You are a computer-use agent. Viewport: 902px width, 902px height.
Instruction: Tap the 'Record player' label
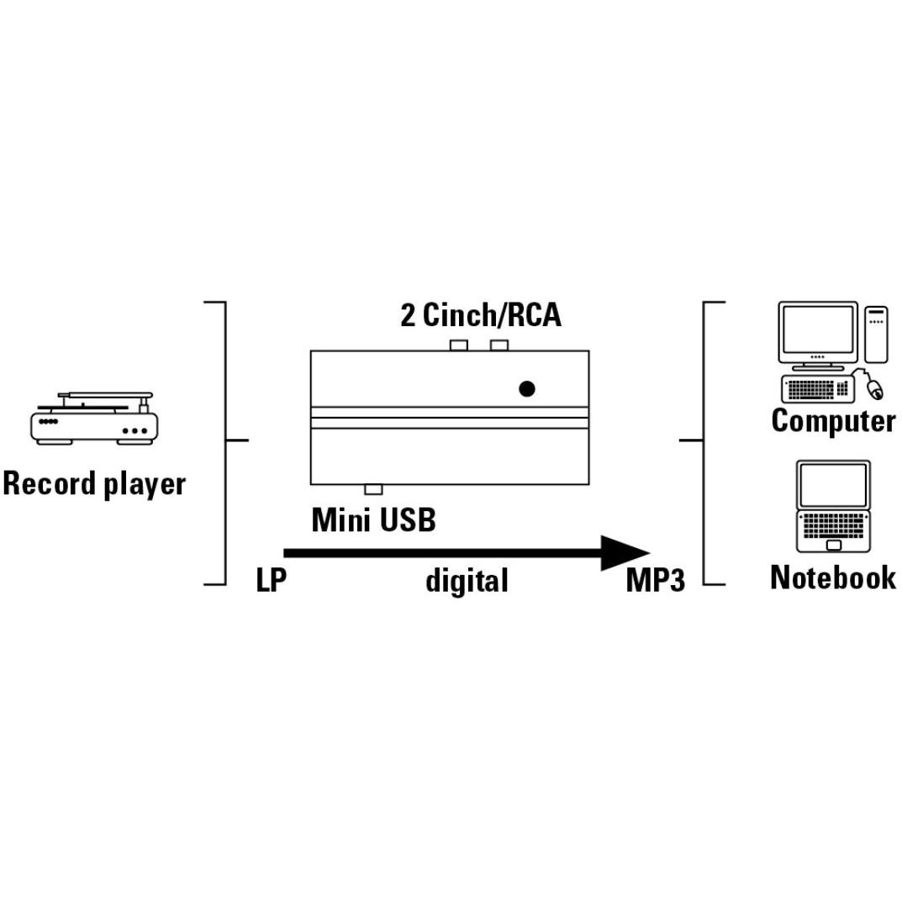click(93, 485)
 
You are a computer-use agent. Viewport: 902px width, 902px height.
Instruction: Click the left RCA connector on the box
click(459, 345)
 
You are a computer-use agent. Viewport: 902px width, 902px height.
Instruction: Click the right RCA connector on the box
click(499, 345)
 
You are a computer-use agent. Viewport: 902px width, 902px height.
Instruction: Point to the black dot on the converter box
click(527, 388)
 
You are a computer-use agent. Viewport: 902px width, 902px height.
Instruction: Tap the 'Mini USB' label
click(373, 520)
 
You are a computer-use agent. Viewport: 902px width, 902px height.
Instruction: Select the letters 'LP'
click(271, 580)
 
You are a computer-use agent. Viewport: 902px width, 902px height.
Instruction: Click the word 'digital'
click(467, 580)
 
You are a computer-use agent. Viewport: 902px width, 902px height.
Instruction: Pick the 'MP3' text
click(655, 581)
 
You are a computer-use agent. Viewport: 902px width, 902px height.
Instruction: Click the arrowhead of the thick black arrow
click(626, 553)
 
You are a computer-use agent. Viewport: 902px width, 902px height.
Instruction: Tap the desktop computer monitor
click(818, 330)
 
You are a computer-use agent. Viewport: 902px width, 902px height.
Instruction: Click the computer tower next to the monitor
click(877, 334)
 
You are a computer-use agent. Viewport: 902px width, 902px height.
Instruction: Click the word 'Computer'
click(833, 421)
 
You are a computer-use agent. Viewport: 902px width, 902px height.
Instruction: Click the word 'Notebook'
click(832, 578)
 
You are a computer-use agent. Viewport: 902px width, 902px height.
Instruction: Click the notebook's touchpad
click(833, 546)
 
